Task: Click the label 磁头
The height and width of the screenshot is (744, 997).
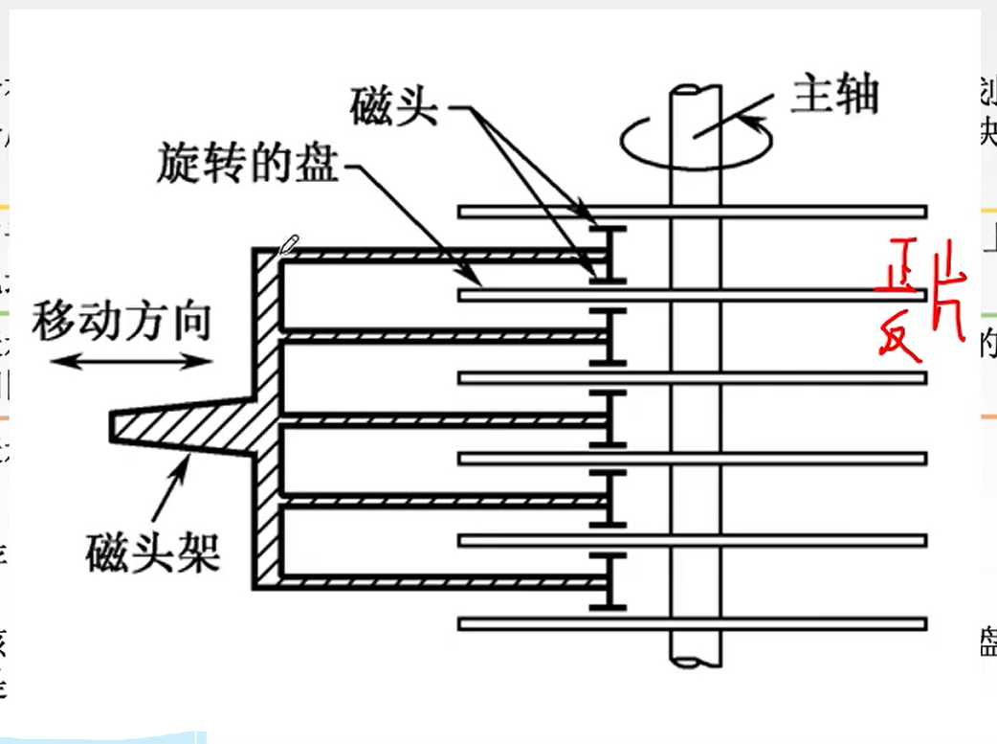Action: pos(393,105)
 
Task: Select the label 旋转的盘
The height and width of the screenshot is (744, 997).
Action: pos(248,166)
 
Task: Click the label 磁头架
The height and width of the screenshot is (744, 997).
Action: pos(153,550)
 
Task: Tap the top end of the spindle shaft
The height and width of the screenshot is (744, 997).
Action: pos(696,92)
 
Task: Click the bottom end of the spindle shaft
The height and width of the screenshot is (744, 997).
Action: pos(696,660)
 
